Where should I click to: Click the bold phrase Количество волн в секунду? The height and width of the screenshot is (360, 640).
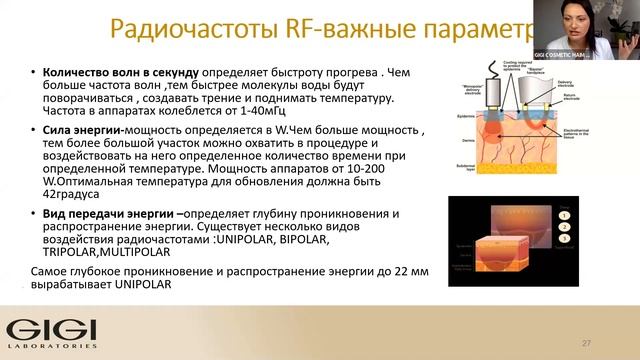tap(114, 73)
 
